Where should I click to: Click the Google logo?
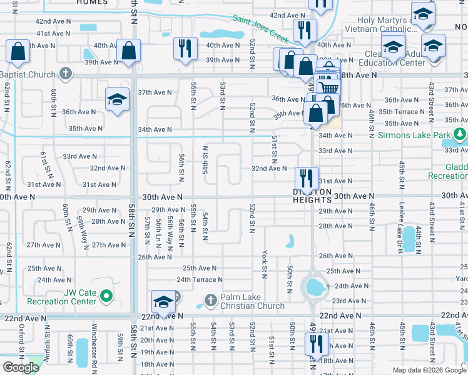click(21, 367)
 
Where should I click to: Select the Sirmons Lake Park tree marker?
click(460, 134)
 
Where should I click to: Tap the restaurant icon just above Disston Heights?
click(306, 177)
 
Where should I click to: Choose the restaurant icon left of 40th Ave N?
click(185, 48)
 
